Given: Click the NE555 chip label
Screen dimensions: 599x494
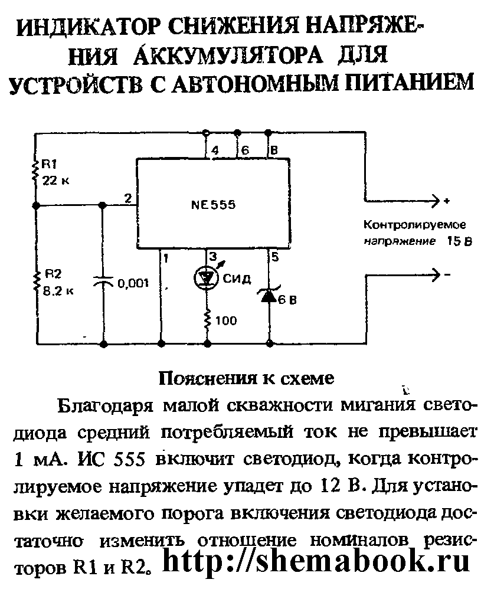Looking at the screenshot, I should click(x=212, y=205).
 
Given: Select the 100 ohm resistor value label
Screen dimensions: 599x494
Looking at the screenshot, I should click(x=227, y=321).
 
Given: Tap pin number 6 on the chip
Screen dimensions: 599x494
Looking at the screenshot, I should click(x=244, y=151).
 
